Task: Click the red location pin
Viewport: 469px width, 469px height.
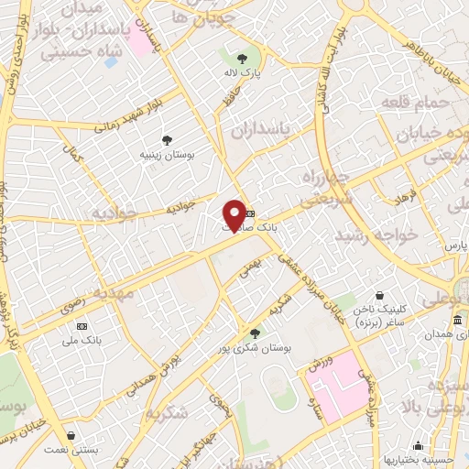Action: [234, 215]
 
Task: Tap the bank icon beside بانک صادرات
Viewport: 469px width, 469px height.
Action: [251, 214]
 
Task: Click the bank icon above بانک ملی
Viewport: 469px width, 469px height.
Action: [82, 326]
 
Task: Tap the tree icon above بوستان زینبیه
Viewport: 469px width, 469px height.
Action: [167, 140]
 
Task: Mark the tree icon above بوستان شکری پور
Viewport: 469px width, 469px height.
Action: [254, 333]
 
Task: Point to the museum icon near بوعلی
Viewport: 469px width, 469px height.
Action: [457, 319]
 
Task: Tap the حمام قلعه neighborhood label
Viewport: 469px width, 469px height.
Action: [418, 104]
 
